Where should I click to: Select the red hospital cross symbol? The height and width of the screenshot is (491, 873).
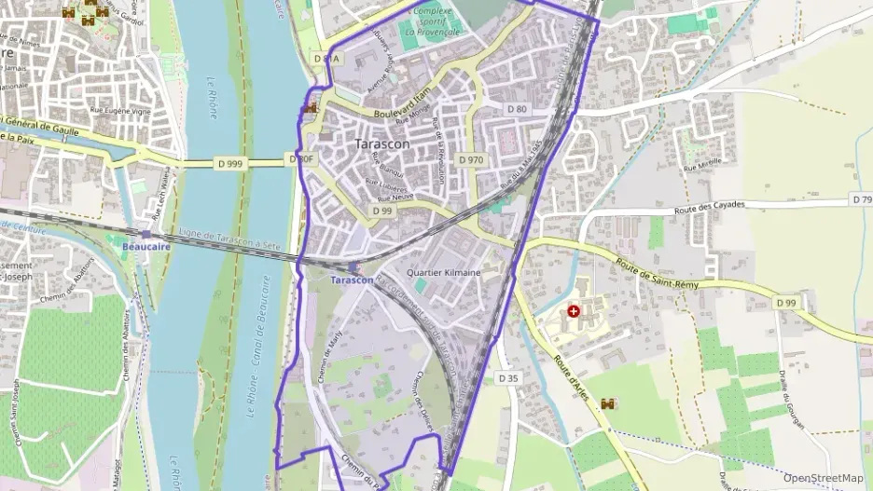574,310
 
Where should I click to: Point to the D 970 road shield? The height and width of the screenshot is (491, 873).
471,160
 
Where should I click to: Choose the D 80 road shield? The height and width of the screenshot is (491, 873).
517,109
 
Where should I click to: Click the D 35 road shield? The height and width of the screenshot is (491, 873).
508,378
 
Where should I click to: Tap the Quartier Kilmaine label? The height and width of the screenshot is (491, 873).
444,273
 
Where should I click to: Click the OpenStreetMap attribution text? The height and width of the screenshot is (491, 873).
823,478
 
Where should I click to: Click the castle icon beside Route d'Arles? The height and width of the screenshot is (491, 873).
608,404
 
